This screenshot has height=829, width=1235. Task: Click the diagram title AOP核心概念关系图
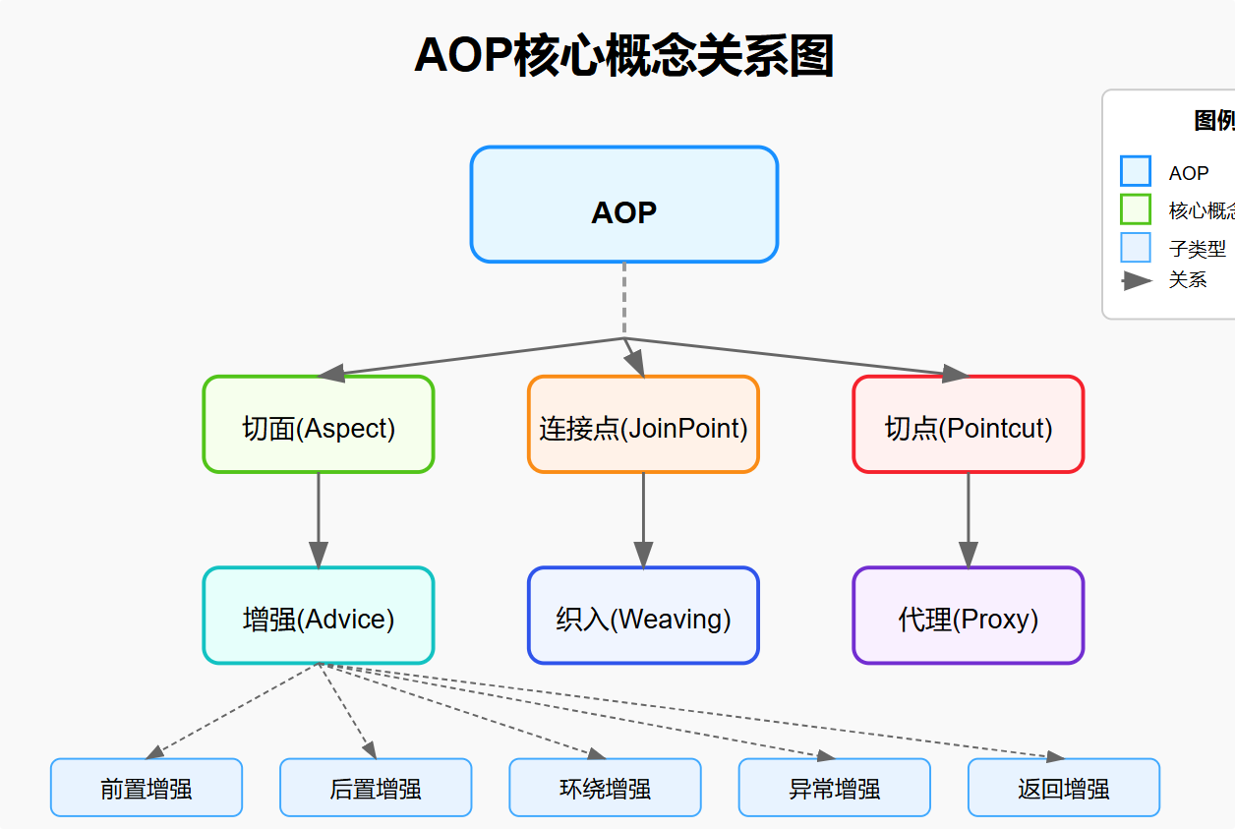click(x=623, y=55)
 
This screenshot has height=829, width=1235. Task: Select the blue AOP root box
click(x=623, y=205)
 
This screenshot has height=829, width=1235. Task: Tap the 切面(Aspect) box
click(x=319, y=425)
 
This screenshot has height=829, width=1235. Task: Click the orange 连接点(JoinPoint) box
click(x=643, y=425)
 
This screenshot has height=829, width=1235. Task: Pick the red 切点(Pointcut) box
click(x=968, y=425)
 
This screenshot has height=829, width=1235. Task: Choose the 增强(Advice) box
click(x=319, y=616)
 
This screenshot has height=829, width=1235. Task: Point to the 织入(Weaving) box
click(x=643, y=616)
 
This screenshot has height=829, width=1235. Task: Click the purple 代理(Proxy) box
click(x=968, y=616)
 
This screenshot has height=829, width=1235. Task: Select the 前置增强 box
click(x=146, y=788)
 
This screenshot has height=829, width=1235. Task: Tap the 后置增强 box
click(x=376, y=788)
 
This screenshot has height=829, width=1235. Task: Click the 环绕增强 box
click(x=605, y=788)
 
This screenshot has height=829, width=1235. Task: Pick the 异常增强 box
click(x=834, y=788)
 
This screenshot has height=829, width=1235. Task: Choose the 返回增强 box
click(x=1064, y=788)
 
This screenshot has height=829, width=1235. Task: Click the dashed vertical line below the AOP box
click(x=623, y=300)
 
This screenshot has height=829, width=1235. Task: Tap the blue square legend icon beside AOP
click(x=1135, y=171)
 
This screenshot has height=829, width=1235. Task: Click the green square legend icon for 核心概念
click(x=1135, y=209)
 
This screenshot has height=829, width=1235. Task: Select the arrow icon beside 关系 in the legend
click(x=1136, y=280)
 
